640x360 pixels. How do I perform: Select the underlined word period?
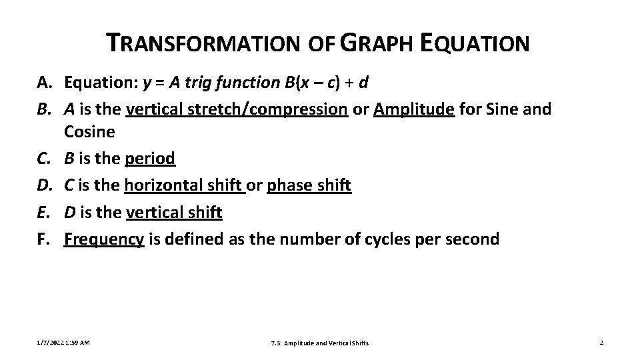coord(150,159)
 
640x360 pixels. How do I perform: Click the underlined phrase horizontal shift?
coord(185,185)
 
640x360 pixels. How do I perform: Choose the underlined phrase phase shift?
coord(309,185)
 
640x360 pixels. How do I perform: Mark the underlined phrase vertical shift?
coord(173,213)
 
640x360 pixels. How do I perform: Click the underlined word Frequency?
coord(104,239)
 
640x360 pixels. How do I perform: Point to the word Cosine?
coord(89,132)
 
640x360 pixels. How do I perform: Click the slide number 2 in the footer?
coord(601,343)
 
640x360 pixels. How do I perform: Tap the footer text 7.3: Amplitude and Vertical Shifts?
coord(320,343)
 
